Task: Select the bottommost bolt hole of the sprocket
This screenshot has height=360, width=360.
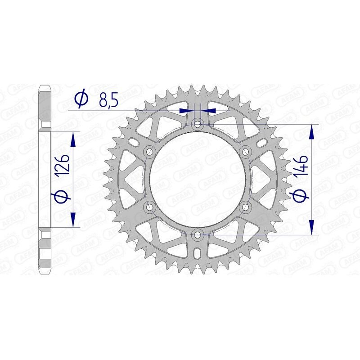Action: click(x=197, y=234)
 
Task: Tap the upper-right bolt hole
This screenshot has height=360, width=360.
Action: click(x=245, y=151)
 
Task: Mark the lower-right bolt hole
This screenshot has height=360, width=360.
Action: click(x=245, y=207)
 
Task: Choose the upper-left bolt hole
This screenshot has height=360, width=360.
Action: click(x=149, y=151)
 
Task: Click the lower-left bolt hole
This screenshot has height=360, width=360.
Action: click(x=149, y=207)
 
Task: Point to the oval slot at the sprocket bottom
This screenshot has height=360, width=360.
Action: click(x=197, y=255)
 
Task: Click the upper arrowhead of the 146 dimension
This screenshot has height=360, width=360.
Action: click(x=311, y=130)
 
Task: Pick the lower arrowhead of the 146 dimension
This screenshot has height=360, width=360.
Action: click(x=311, y=227)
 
